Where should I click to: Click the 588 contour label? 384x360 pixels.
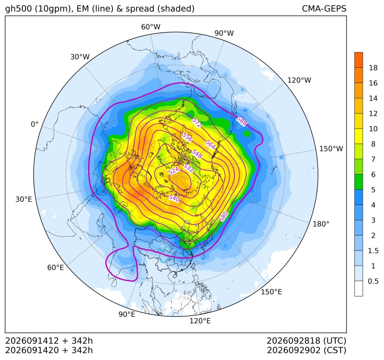242,121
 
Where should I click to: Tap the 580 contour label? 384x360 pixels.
224,217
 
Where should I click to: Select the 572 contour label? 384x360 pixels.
197,122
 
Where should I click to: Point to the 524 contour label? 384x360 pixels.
174,171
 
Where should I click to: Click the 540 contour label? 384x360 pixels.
174,198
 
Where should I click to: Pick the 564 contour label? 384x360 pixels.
210,145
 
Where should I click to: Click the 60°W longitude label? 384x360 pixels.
150,27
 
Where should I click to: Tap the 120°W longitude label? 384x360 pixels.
299,80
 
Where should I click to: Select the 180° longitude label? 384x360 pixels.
321,224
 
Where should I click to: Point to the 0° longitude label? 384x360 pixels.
34,124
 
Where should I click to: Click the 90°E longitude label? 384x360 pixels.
127,314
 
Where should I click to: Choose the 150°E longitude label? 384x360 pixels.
271,292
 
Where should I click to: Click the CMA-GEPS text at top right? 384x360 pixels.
324,8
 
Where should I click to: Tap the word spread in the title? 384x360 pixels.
140,9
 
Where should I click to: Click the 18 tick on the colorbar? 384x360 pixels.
373,68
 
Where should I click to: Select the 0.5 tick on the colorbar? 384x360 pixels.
373,281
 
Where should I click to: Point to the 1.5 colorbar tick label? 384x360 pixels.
373,251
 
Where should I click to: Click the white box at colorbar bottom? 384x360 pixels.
358,289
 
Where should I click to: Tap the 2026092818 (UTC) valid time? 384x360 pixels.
306,341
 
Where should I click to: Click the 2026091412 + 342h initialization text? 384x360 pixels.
49,341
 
